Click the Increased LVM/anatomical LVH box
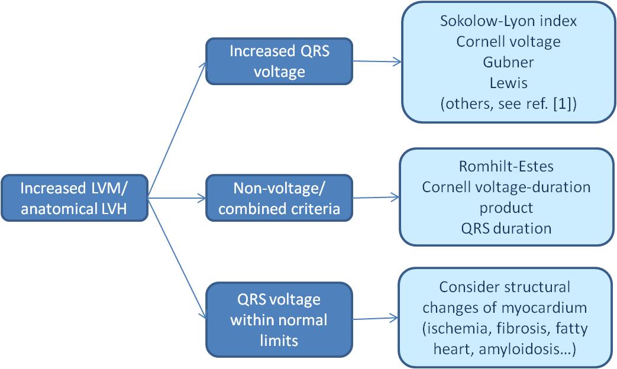coord(73,198)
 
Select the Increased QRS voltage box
coord(279,61)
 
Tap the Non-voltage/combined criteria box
coord(279,198)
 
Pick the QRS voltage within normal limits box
coord(279,320)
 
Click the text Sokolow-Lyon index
coord(508,21)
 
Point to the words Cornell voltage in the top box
coord(508,41)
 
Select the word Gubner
coord(508,61)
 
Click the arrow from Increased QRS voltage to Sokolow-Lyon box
coord(377,61)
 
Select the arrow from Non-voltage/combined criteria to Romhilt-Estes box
coord(377,198)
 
